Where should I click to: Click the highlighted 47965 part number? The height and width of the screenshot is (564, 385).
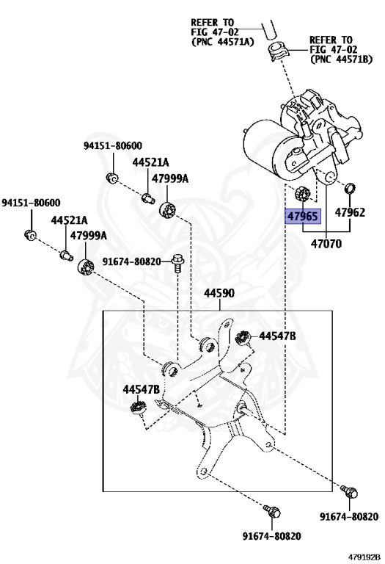tap(302, 216)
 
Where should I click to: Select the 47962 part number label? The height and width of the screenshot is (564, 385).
tap(350, 212)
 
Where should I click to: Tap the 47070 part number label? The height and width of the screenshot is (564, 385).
tap(326, 244)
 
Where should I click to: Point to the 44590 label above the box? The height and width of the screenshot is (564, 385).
tap(219, 293)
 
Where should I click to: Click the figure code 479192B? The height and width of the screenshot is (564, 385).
tap(364, 557)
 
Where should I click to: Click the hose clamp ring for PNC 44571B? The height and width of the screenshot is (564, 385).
tap(278, 51)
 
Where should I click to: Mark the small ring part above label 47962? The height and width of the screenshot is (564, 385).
tap(350, 188)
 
